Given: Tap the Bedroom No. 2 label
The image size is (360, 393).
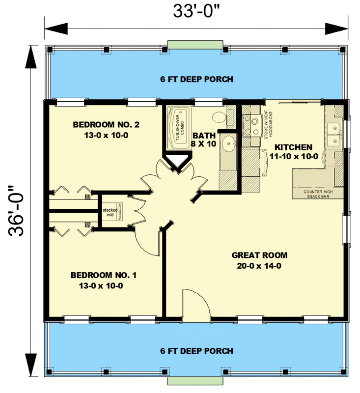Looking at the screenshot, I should click(106, 130).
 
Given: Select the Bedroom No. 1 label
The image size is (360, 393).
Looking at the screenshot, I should click(103, 280).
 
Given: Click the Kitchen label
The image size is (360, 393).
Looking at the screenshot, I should click(293, 151).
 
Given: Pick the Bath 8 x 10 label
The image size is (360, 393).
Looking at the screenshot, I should click(204, 139).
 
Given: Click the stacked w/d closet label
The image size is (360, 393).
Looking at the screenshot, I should click(110, 212).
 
